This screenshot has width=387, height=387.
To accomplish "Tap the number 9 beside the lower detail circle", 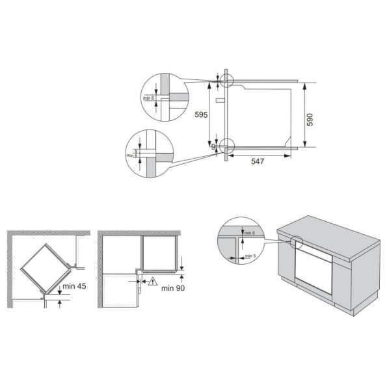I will point(213,148).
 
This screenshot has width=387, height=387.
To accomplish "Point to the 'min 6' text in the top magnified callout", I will point(148,98).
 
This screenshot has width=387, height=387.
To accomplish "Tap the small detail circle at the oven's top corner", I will point(226,80).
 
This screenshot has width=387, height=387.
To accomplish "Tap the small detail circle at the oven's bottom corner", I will point(226,146).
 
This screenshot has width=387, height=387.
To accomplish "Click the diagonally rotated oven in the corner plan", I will point(46,267).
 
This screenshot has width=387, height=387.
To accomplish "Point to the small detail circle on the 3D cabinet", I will point(295,243).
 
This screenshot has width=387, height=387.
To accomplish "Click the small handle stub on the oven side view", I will point(222,101).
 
